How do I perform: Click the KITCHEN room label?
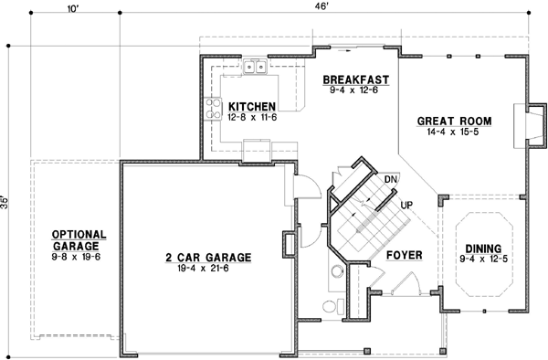pos(252,106)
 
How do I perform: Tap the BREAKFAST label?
pos(357,79)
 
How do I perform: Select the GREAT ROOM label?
pos(455,121)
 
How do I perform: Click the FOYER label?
pos(403,254)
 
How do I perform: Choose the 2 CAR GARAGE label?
pos(207,257)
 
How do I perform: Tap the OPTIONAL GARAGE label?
pos(79,239)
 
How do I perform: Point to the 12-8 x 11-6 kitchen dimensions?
pos(252,117)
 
